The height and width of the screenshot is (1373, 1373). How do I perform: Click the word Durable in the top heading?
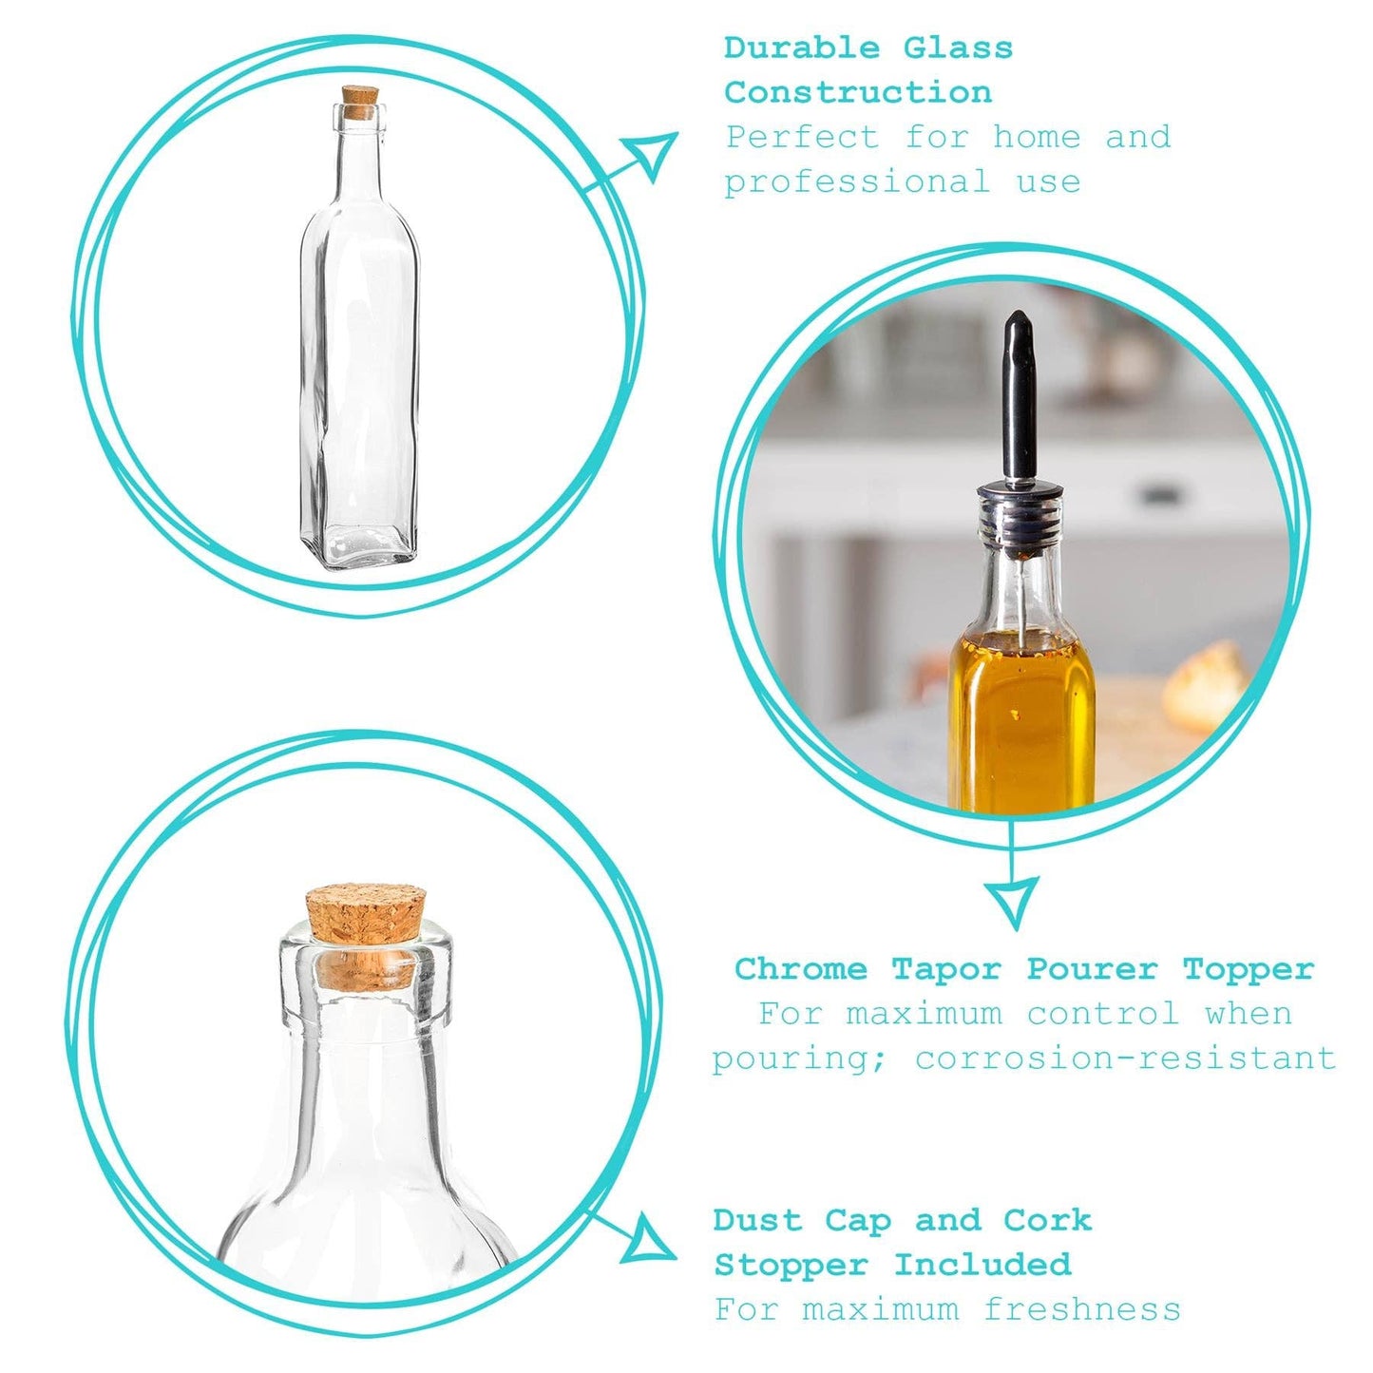[x=802, y=48]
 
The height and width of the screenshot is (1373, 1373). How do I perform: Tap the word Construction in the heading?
[x=858, y=92]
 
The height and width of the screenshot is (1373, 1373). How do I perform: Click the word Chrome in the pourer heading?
[x=800, y=969]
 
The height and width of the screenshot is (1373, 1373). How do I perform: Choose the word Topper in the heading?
[x=1248, y=969]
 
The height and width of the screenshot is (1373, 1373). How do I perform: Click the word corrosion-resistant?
[x=1126, y=1058]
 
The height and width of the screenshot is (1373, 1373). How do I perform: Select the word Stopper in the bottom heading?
[x=791, y=1265]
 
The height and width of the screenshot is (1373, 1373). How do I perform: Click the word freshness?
[x=1082, y=1309]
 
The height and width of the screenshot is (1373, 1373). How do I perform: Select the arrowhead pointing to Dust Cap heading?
[x=648, y=1241]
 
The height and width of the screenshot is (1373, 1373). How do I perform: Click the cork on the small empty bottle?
[x=360, y=102]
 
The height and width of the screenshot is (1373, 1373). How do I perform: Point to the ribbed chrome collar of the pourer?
[x=1019, y=518]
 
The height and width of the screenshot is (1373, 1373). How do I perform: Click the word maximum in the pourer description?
[x=924, y=1014]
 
